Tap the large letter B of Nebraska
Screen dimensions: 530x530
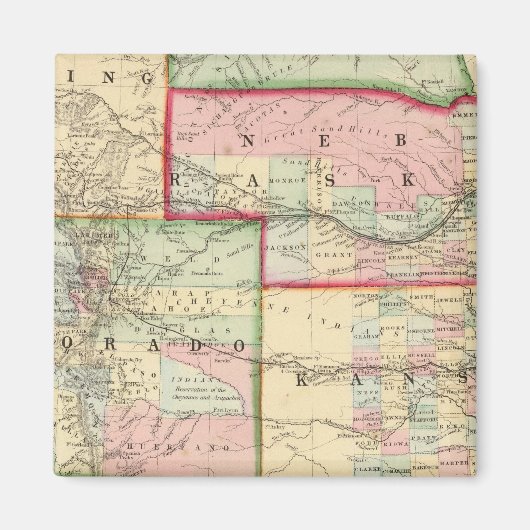pyautogui.click(x=400, y=139)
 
